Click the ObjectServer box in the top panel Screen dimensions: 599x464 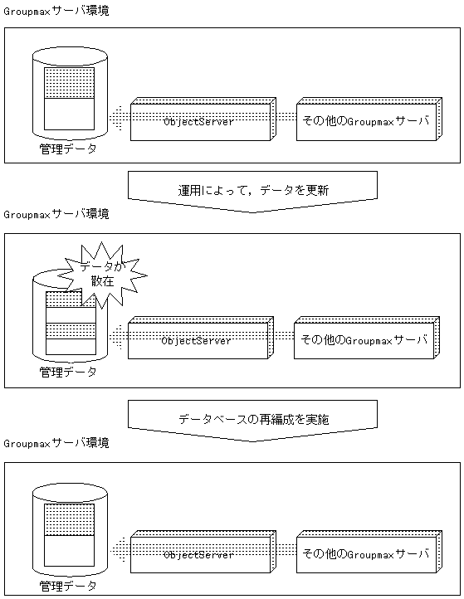[199, 122]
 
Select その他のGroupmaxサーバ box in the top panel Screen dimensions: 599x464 [365, 121]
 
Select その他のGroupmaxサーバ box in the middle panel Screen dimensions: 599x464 [363, 340]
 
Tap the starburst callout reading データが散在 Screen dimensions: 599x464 [98, 273]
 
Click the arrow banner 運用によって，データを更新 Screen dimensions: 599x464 [252, 190]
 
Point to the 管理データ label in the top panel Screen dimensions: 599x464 [68, 149]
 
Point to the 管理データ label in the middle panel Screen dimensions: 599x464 [68, 372]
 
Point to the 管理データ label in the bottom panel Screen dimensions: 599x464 [68, 587]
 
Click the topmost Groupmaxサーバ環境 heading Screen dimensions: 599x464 [56, 11]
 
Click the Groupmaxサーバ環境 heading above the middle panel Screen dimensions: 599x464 [56, 214]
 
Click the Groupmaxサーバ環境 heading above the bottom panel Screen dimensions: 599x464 [56, 443]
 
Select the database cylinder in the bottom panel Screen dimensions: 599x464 [70, 531]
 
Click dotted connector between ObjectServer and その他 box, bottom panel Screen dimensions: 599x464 [286, 552]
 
